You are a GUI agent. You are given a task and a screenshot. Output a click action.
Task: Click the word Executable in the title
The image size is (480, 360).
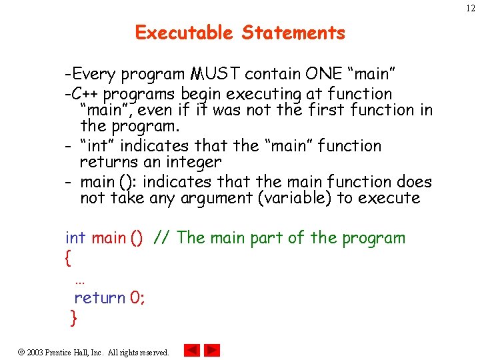point(184,33)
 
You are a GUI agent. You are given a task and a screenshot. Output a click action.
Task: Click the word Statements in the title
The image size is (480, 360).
point(294,33)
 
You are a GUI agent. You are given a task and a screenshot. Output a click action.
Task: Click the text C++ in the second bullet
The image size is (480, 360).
point(85,94)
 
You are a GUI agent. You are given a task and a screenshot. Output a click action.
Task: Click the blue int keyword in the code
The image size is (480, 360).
point(75,238)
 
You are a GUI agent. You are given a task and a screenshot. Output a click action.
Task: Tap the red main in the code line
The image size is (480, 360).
point(108,238)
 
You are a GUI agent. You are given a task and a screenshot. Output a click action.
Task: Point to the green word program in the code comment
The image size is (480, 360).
point(373,239)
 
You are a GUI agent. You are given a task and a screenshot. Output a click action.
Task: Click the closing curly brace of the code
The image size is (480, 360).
point(74,319)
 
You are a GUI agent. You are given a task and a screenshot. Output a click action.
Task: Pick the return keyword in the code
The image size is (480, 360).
point(100,298)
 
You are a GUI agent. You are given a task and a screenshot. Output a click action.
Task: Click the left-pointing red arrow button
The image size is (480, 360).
point(191,350)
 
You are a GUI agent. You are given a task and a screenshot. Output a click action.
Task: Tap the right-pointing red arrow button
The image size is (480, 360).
point(212,350)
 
